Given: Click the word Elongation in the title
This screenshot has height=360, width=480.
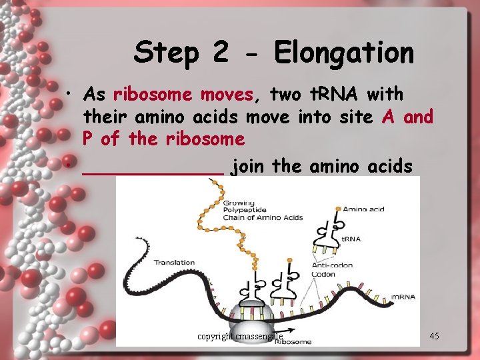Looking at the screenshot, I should point(344,53).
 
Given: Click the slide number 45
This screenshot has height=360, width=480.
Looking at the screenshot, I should point(434,336).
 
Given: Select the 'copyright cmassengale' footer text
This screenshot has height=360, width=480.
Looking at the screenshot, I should point(240,336).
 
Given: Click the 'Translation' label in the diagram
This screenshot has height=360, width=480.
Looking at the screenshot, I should point(175,262).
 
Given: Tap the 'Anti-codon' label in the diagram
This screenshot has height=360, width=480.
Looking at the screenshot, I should point(332,265).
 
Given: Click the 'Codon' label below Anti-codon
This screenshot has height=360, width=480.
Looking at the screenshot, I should point(325,273).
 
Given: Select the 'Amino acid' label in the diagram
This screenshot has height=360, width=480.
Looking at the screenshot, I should point(363,209).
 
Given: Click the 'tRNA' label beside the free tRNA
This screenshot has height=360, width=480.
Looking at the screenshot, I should point(351,239).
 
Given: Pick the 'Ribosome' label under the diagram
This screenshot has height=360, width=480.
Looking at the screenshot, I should point(293,341).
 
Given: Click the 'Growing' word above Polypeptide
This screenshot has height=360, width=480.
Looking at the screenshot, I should point(239,203).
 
